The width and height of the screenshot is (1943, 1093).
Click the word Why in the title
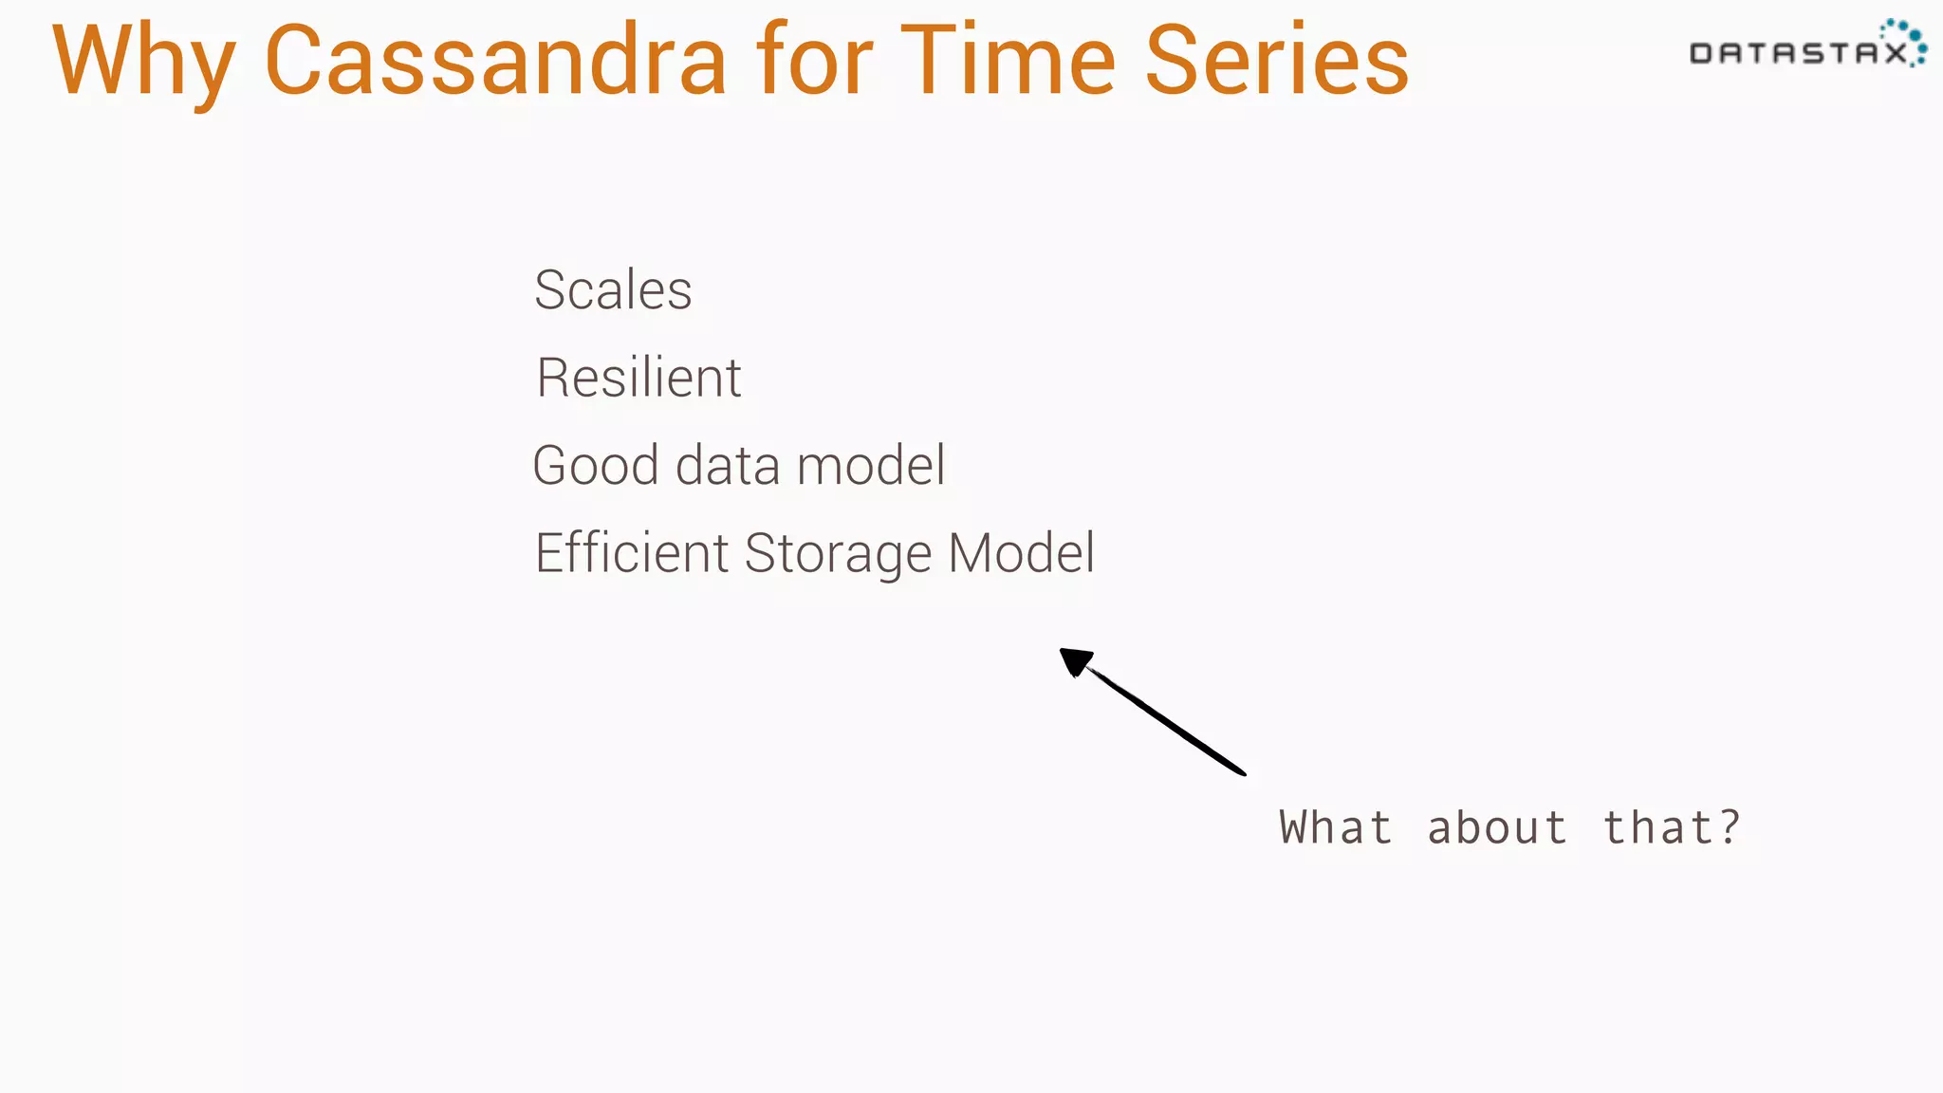(142, 62)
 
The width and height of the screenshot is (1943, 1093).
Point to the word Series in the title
(1277, 62)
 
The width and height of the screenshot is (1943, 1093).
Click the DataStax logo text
(1798, 53)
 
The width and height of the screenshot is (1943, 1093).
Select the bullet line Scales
(613, 290)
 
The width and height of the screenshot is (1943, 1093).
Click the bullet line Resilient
(638, 378)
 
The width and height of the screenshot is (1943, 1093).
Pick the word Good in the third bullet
(596, 466)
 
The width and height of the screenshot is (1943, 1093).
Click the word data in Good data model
(729, 466)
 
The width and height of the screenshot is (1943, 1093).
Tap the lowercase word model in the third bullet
(871, 466)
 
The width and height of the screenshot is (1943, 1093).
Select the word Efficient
(632, 553)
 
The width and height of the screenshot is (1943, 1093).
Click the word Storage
(839, 554)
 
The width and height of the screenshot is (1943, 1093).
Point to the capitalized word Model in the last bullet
(1022, 553)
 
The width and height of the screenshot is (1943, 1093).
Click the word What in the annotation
(1335, 827)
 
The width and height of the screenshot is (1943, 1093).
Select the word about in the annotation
(1496, 827)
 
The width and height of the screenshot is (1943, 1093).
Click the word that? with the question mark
(1672, 827)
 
